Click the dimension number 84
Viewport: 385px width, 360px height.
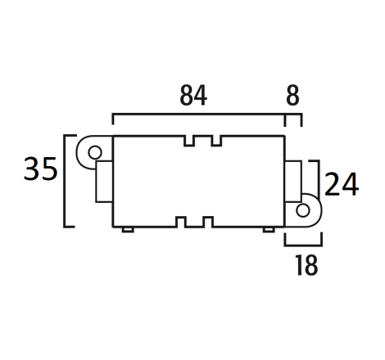(193, 96)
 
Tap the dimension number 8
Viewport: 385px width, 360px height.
(292, 96)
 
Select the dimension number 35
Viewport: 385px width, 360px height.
(41, 169)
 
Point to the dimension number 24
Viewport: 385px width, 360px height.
(342, 184)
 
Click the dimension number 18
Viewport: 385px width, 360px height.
(306, 265)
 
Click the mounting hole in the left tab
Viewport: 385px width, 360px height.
(95, 152)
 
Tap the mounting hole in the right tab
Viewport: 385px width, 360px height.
(303, 210)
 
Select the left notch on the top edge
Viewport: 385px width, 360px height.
(189, 141)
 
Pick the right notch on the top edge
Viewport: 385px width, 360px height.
(216, 141)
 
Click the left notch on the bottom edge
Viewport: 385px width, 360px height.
(181, 222)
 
